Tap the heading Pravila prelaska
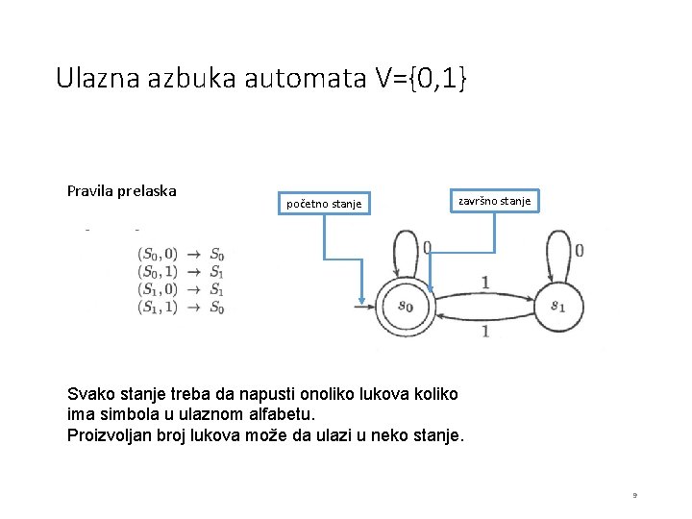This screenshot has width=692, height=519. coord(121,190)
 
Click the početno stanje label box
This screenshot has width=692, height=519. coord(324,203)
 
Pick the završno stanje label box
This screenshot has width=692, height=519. coord(493,201)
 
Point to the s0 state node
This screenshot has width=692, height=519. coord(405,307)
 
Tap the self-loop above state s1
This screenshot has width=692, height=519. coord(557,254)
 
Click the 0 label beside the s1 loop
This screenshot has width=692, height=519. coord(579,251)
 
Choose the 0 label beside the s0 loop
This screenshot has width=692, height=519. coord(427,248)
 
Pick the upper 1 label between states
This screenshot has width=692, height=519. coord(484,282)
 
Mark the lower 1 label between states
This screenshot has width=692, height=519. coord(484,331)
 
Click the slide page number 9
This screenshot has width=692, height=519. coord(634,495)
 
